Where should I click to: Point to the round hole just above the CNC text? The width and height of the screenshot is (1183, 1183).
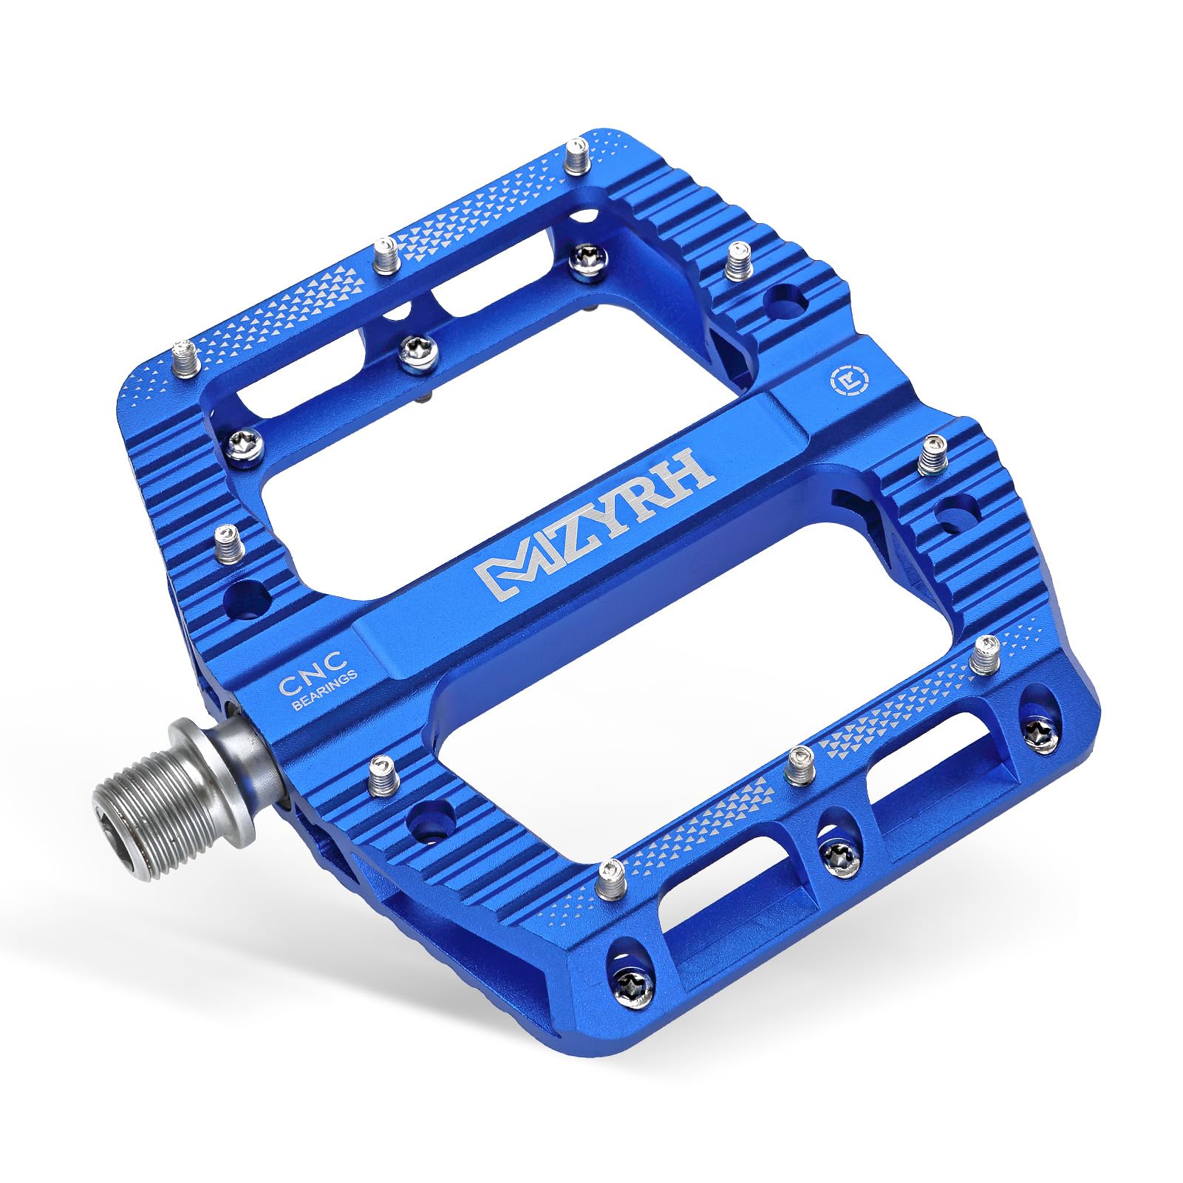248,594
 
